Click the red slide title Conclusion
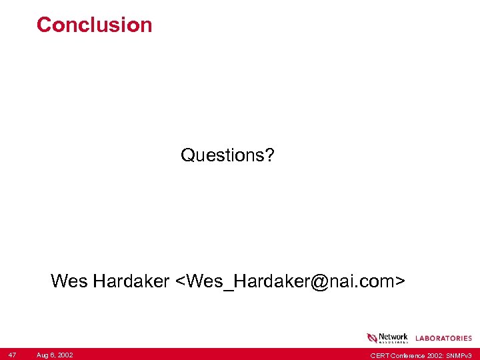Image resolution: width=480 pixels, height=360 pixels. (94, 25)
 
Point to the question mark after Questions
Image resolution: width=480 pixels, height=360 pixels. (269, 155)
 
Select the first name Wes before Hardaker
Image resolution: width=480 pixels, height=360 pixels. (69, 281)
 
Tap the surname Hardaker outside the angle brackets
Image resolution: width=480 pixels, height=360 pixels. (131, 281)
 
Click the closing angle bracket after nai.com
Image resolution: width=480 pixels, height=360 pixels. (399, 282)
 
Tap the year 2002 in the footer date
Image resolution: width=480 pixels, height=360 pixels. (65, 355)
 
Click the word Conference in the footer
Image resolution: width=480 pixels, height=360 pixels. (405, 355)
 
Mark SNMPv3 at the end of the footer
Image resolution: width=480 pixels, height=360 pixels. (461, 355)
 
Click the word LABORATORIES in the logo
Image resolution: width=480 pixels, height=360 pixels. (443, 339)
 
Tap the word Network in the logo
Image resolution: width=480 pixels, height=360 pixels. (393, 337)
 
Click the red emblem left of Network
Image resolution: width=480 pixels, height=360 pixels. (372, 338)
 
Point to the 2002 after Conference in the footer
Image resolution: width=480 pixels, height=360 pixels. (433, 355)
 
